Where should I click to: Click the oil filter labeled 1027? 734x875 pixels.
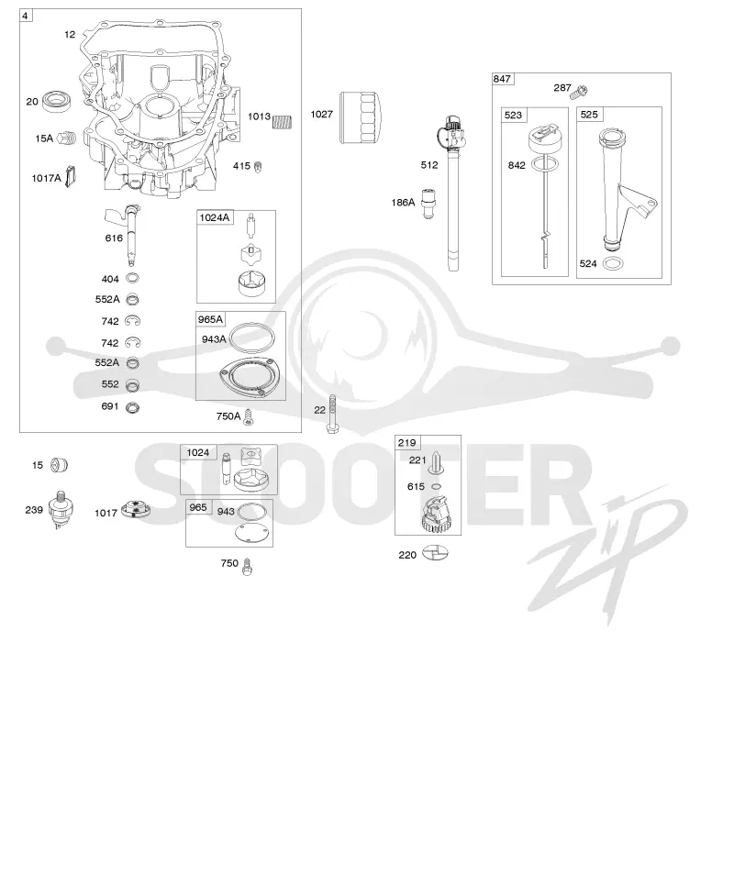[361, 117]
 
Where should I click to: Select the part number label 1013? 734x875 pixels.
[259, 116]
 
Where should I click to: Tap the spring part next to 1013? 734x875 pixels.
[282, 121]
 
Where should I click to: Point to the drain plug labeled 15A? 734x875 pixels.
[66, 138]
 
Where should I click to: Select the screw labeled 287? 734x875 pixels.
[581, 91]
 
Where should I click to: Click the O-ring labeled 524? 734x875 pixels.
[614, 263]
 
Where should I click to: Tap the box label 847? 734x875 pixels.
[502, 79]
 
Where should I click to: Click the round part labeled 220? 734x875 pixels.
[435, 553]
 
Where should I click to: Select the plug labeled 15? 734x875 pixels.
[59, 465]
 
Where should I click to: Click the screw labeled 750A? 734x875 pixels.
[249, 416]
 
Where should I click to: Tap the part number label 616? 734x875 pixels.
[114, 238]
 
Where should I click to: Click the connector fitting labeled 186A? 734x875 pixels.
[428, 203]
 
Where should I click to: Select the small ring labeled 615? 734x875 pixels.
[437, 487]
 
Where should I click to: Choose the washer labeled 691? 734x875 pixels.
[132, 407]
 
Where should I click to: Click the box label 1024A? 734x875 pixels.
[215, 217]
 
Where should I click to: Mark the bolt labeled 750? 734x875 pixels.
[248, 567]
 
